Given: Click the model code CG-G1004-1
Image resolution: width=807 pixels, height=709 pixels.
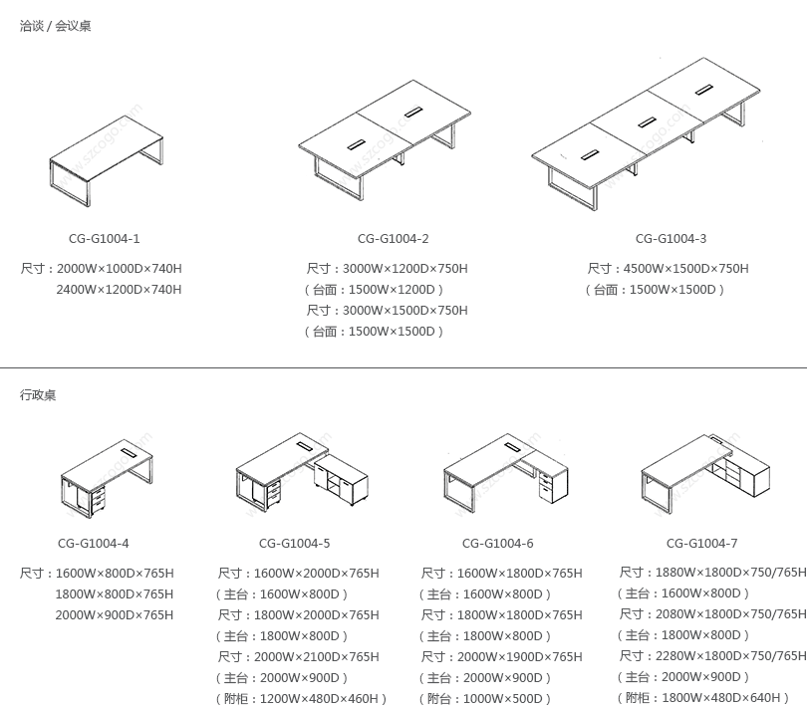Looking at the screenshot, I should (104, 239).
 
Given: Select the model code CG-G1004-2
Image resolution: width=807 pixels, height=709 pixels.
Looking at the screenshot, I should (393, 239).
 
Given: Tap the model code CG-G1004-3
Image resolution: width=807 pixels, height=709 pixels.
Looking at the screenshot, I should (671, 239).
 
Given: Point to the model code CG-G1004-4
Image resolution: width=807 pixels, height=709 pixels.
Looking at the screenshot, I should (93, 544).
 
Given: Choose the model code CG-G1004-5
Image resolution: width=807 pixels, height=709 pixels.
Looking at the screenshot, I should (294, 544).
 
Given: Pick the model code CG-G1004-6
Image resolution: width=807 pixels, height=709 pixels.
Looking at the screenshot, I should (497, 544).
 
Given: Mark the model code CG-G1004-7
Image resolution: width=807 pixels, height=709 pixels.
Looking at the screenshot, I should (701, 544).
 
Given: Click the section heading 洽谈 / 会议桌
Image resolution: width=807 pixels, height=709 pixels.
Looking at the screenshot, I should (56, 27).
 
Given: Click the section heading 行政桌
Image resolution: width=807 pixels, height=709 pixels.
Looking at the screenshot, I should (38, 395).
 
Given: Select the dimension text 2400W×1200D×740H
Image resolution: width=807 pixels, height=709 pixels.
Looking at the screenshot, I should (119, 290).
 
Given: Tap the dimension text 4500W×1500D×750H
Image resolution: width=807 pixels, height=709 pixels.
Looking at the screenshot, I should (685, 269).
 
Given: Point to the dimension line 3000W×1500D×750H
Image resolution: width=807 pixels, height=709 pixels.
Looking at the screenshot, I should (404, 311).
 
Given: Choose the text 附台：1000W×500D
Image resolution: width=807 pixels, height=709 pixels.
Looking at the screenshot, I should (484, 699).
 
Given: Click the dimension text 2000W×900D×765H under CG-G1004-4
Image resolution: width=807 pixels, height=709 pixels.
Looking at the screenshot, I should (115, 615).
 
